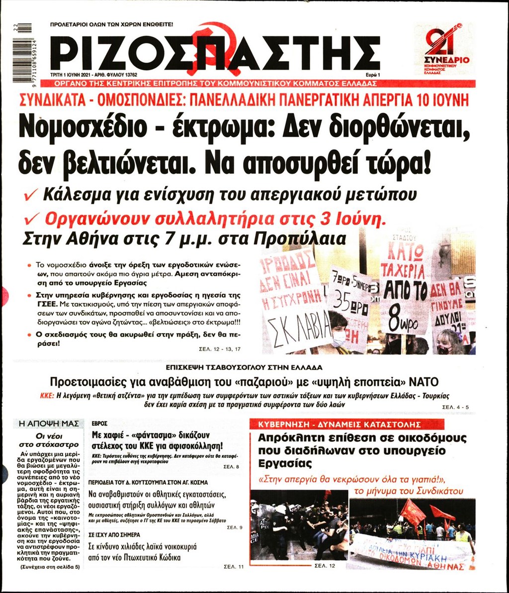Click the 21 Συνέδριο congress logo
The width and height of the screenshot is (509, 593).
(443, 48)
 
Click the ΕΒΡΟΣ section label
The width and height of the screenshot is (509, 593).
(100, 424)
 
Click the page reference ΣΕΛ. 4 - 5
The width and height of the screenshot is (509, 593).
(454, 407)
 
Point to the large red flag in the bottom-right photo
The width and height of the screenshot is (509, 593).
(413, 511)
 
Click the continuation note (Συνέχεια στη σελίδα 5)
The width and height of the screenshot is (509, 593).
(49, 566)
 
